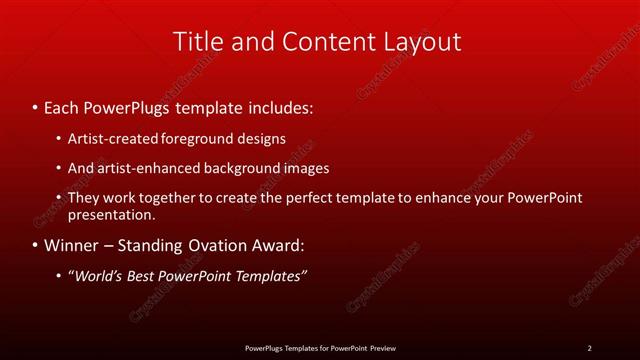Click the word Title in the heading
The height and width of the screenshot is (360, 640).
198,42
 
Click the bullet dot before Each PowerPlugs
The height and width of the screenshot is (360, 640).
35,105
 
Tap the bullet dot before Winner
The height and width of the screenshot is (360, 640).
35,245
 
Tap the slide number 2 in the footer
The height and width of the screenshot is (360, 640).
589,348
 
